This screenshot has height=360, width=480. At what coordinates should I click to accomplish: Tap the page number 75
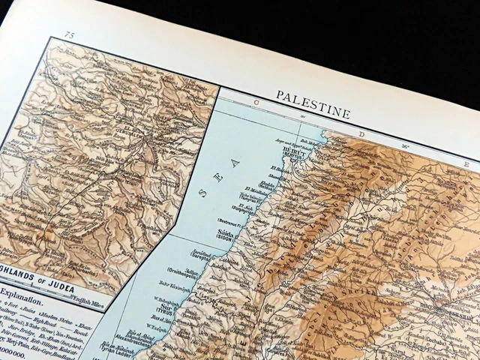tap(70, 35)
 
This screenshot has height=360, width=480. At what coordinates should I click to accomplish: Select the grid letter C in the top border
tap(255, 100)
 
